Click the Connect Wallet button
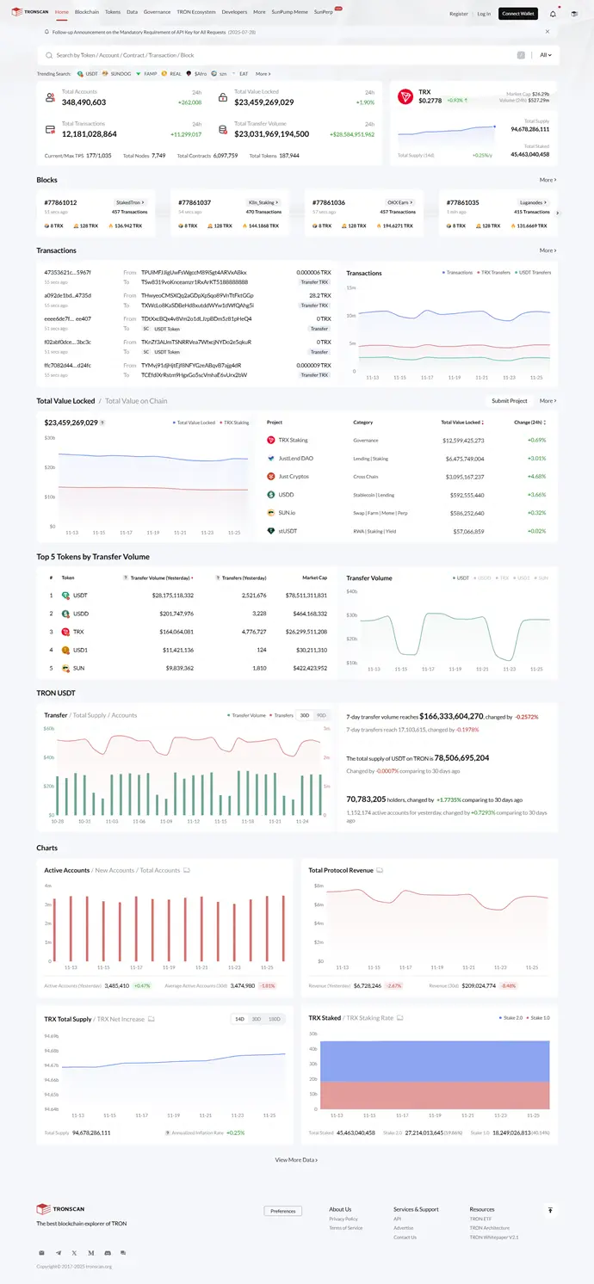(x=517, y=14)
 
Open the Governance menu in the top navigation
(x=157, y=13)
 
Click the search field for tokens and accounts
(x=275, y=55)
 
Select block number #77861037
(x=195, y=202)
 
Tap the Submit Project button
(x=509, y=401)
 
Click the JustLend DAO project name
(x=295, y=459)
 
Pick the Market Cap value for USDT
(x=306, y=596)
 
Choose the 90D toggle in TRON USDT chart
(x=321, y=715)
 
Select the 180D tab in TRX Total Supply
(x=275, y=1019)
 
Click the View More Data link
(x=296, y=1160)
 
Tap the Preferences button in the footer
(x=282, y=1211)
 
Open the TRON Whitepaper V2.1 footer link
(x=494, y=1238)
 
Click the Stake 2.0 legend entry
(x=510, y=1018)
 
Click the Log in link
(x=484, y=14)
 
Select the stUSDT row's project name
(x=288, y=532)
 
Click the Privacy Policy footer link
(x=343, y=1219)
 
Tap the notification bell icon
(x=553, y=14)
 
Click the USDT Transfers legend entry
(x=534, y=273)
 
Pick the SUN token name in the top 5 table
(x=78, y=668)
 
